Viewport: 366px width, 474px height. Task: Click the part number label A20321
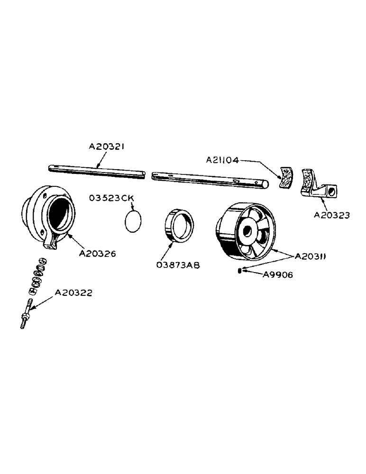coord(107,147)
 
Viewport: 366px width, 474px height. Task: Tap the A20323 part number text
coord(332,215)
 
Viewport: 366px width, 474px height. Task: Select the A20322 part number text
coord(73,293)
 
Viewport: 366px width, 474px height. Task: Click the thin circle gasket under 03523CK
coord(134,221)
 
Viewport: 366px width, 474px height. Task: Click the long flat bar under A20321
coord(97,172)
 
